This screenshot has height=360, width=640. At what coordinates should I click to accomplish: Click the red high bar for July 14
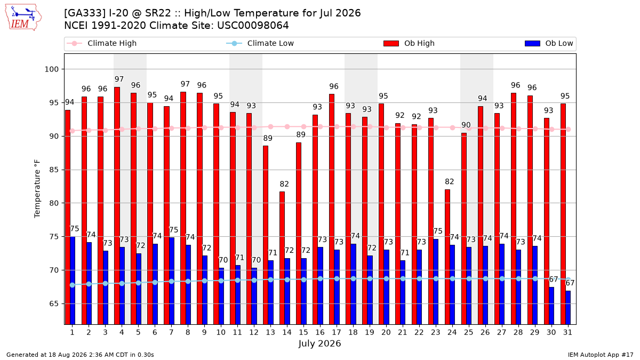[x=282, y=258]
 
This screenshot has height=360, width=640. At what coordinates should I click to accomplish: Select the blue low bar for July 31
[x=568, y=308]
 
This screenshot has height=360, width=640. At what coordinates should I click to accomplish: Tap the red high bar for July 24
[x=447, y=257]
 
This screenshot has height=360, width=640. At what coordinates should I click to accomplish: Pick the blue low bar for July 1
[x=73, y=281]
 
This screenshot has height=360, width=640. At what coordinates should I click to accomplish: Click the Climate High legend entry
[x=101, y=43]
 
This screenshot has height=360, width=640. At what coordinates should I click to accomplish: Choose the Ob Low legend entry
[x=549, y=43]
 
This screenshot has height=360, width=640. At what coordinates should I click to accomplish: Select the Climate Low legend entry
[x=260, y=43]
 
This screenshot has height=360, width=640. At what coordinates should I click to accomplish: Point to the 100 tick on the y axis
[x=51, y=69]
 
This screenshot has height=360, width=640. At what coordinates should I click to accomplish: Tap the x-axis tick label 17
[x=337, y=332]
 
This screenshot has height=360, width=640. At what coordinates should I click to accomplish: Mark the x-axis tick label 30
[x=551, y=332]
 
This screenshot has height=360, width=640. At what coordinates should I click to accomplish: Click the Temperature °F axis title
[x=37, y=189]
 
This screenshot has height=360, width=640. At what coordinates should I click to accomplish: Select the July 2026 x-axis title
[x=319, y=343]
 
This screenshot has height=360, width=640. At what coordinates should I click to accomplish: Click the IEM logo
[x=23, y=18]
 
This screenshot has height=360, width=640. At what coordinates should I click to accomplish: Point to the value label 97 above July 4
[x=119, y=79]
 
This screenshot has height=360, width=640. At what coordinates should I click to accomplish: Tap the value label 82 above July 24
[x=450, y=182]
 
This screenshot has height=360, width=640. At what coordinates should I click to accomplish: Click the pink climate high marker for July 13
[x=270, y=126]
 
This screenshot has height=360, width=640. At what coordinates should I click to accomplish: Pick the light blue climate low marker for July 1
[x=73, y=285]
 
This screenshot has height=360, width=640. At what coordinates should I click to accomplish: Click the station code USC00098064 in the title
[x=253, y=26]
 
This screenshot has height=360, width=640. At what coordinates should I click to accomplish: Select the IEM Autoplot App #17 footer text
[x=601, y=355]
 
